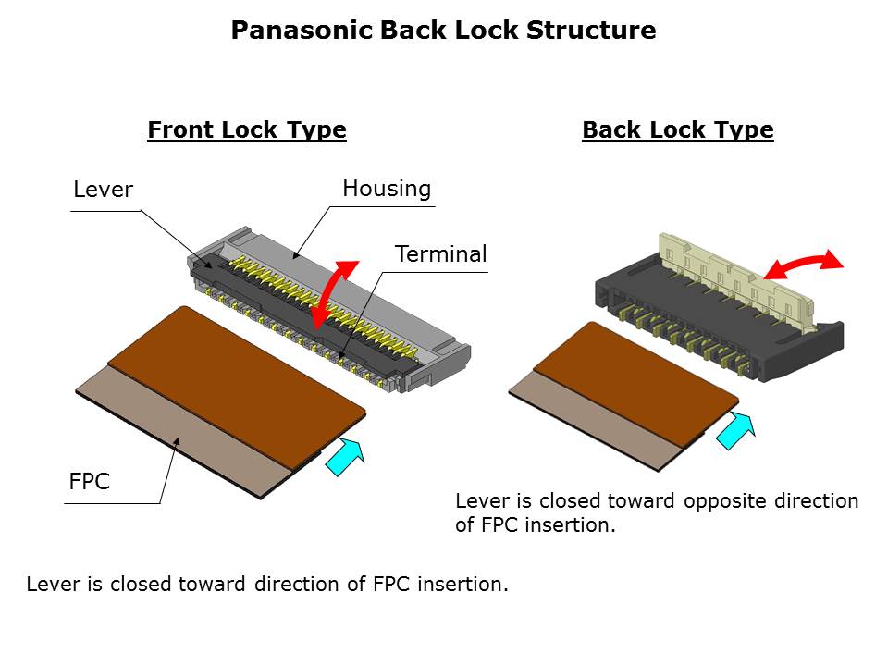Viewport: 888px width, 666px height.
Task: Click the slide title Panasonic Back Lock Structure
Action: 443,31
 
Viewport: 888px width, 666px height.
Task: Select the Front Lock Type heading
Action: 247,130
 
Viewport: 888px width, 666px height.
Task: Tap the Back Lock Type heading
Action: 677,130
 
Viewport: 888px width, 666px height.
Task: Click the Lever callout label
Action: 103,191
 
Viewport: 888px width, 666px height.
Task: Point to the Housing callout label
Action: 387,190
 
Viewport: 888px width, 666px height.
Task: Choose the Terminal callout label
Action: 440,254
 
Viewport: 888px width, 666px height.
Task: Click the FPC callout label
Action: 91,482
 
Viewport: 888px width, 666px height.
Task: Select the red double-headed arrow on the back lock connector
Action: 803,263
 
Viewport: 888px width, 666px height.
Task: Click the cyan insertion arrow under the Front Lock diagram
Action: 345,457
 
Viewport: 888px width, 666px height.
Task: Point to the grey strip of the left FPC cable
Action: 185,435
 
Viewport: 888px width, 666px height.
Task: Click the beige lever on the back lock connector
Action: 731,277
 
